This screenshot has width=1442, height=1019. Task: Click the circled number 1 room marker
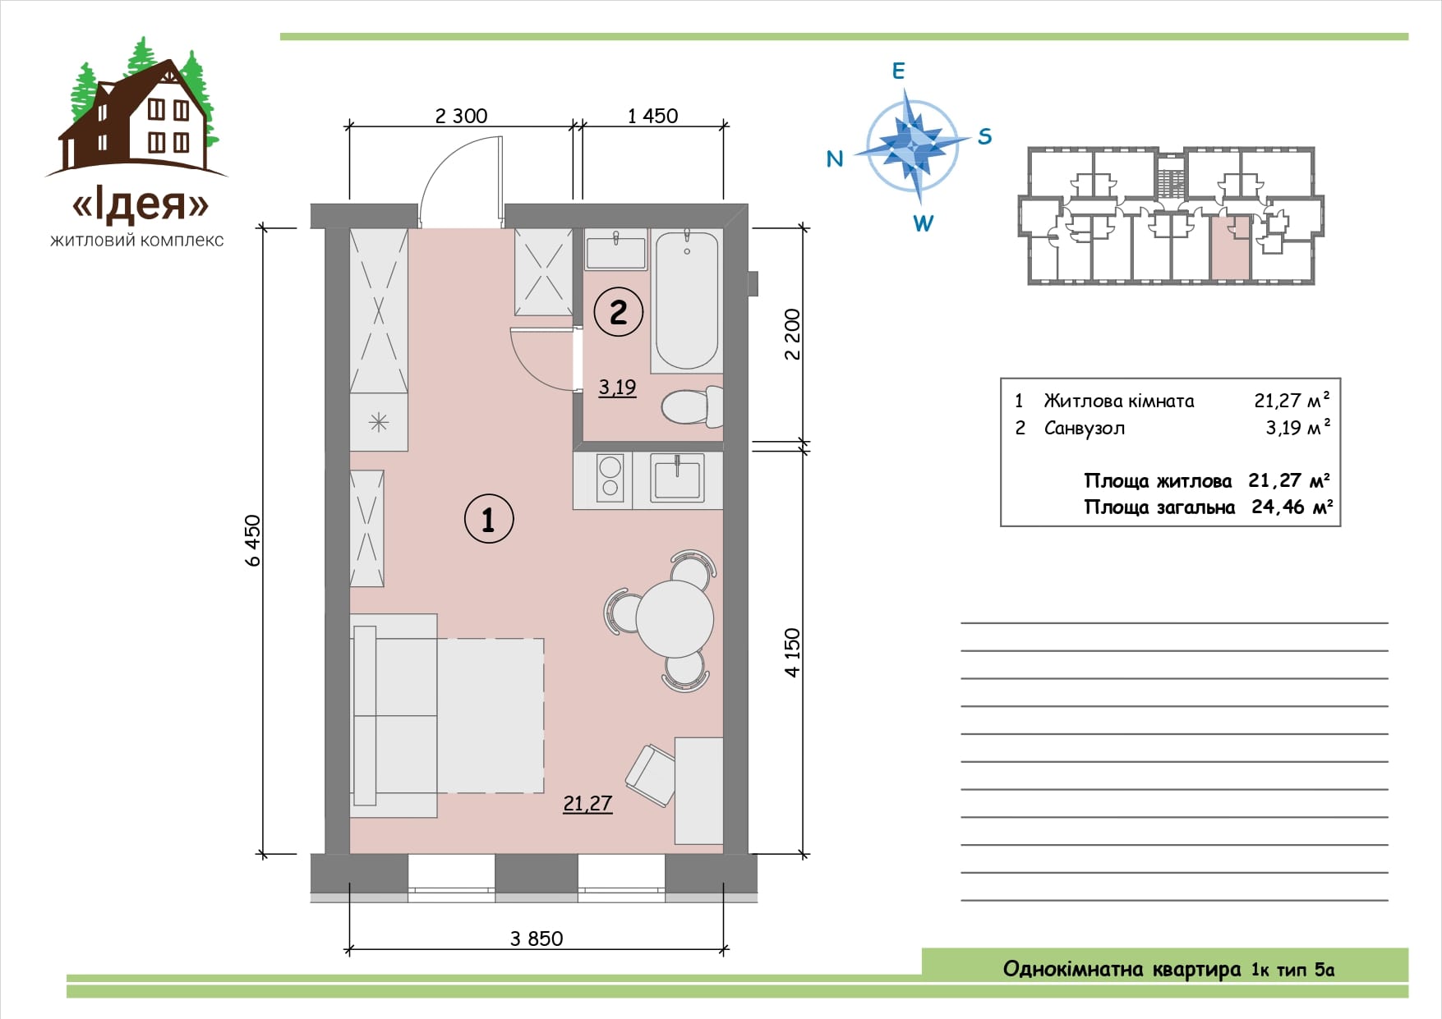pyautogui.click(x=489, y=519)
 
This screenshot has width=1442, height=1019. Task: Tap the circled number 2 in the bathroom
pyautogui.click(x=618, y=312)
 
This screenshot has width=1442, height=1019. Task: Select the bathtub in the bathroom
pyautogui.click(x=687, y=301)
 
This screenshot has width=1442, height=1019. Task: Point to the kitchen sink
pyautogui.click(x=677, y=477)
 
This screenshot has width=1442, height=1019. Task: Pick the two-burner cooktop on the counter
pyautogui.click(x=610, y=477)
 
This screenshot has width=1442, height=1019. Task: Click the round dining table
pyautogui.click(x=675, y=619)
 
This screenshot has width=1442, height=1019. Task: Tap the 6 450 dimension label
pyautogui.click(x=253, y=539)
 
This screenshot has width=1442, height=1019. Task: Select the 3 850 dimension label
pyautogui.click(x=537, y=939)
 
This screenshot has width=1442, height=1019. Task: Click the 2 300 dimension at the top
pyautogui.click(x=461, y=116)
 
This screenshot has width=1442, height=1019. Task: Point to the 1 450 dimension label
pyautogui.click(x=652, y=116)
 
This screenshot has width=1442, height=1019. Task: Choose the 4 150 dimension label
pyautogui.click(x=792, y=652)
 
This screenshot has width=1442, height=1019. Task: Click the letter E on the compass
pyautogui.click(x=898, y=71)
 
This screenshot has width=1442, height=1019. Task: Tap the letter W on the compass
pyautogui.click(x=924, y=223)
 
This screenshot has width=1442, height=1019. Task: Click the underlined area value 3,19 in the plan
pyautogui.click(x=617, y=387)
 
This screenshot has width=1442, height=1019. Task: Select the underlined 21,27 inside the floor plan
pyautogui.click(x=587, y=803)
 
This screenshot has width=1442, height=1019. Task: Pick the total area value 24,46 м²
pyautogui.click(x=1292, y=507)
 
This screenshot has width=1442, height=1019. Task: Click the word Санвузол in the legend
pyautogui.click(x=1085, y=428)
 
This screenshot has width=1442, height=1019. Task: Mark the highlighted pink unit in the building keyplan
pyautogui.click(x=1230, y=248)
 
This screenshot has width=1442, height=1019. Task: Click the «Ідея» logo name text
pyautogui.click(x=141, y=204)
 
